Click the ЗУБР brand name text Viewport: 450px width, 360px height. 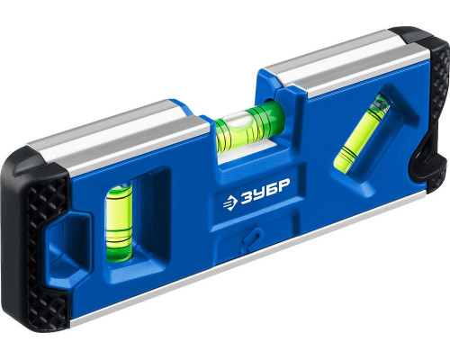pos(265,192)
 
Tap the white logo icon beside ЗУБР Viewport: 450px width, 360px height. pos(230,202)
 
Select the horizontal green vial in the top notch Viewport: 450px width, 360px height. pos(249,127)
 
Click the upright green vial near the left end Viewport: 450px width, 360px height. pos(119,222)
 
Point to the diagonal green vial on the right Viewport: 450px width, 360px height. pos(363,134)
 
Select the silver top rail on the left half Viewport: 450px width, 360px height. pos(120,141)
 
